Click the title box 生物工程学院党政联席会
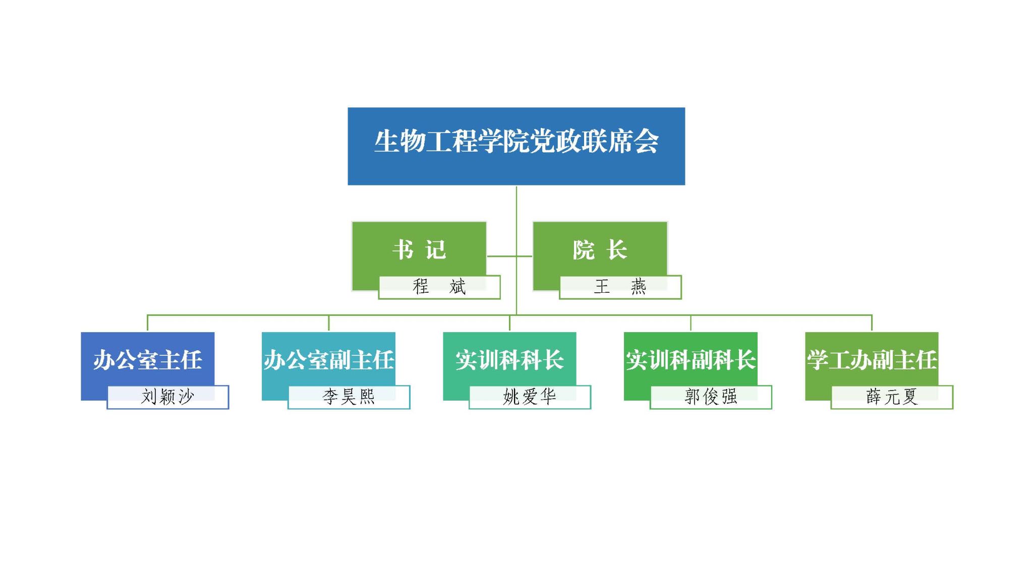516,146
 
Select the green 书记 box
419,249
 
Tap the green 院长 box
600,249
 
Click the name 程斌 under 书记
439,287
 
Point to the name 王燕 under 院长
620,287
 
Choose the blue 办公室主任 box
147,359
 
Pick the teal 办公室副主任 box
328,359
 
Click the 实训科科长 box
509,359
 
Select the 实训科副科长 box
691,359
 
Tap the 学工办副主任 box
872,359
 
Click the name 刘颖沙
167,397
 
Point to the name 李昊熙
349,397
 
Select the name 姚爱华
530,397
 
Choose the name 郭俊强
711,397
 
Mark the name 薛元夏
892,397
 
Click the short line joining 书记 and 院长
509,256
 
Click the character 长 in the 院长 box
616,249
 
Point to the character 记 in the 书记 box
435,249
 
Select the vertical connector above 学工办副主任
872,323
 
